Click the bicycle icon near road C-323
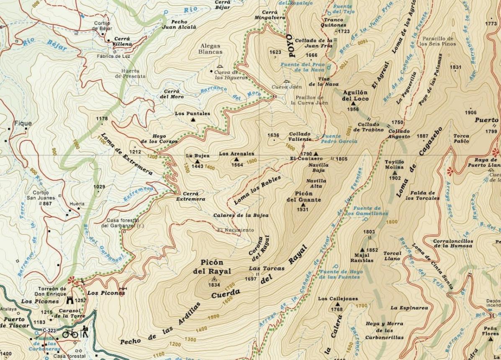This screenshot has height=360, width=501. pos(70,334)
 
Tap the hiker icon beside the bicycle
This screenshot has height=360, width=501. pos(85,332)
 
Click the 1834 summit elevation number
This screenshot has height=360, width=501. pos(214,285)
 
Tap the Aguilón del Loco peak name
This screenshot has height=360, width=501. pos(355,95)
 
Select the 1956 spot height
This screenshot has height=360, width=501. pos(353,109)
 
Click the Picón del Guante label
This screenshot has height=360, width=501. pos(303,197)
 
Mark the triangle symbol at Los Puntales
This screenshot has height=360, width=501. pos(193,120)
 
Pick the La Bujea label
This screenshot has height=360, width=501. pos(198,155)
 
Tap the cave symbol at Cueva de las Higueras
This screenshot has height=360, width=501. pos(220,67)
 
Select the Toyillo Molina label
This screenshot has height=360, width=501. pos(394,165)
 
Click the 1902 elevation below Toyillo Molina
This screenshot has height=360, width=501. pos(395,178)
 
